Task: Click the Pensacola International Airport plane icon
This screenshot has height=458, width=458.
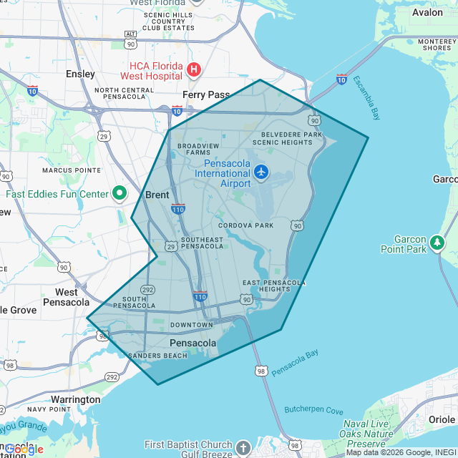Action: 261,172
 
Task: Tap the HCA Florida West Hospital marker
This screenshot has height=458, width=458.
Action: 193,69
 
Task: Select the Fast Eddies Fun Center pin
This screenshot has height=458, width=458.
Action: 120,193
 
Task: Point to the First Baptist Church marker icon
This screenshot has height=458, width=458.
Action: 243,448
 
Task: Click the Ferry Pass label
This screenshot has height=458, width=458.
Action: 206,94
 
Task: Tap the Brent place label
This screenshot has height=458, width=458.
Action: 157,195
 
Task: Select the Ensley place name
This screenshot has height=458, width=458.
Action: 80,74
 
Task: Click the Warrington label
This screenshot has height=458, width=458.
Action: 76,399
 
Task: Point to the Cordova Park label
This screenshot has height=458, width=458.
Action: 246,225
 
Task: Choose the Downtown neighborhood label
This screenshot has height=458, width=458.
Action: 191,325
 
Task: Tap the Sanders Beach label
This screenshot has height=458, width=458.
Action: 157,356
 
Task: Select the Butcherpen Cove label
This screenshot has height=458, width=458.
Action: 313,410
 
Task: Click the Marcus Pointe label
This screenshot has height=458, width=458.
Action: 72,170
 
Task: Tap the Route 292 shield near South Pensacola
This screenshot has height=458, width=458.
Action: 148,289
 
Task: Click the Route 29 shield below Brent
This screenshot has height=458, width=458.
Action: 171,246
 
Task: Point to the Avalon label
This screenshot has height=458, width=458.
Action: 427,12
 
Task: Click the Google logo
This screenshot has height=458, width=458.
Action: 24,449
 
